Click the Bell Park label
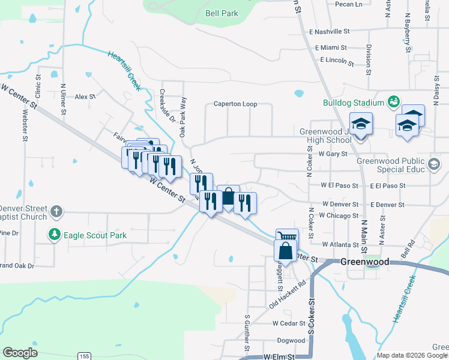coord(221,13)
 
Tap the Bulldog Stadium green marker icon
coord(394,103)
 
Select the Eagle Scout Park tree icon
coord(55,235)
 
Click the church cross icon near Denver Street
coord(56,211)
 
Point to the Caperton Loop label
coord(235,104)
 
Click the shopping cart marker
coord(287,238)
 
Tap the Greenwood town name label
coord(364,262)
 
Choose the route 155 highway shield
coord(84,356)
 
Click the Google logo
coord(20,353)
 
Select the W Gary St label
coord(333,154)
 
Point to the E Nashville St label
coord(329,31)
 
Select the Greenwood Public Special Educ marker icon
coord(434,163)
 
